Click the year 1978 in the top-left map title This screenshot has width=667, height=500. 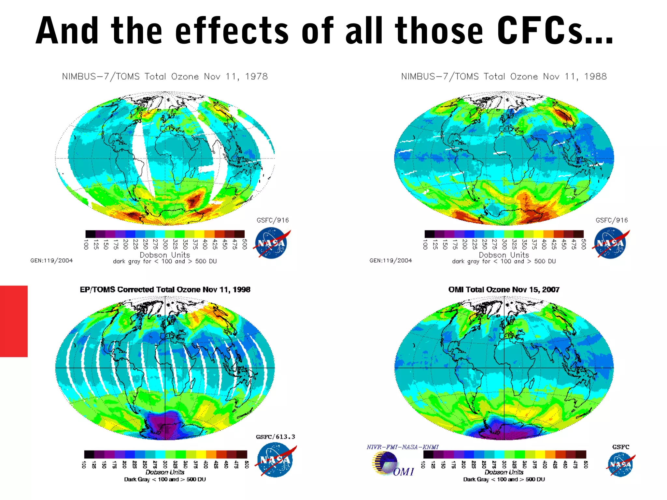tap(256, 76)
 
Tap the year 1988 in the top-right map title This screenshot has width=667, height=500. tap(595, 76)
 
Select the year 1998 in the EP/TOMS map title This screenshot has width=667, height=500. tap(241, 289)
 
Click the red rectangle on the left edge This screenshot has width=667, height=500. tap(14, 321)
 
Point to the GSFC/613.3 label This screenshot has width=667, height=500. tap(276, 437)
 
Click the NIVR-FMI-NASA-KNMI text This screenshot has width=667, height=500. tap(403, 447)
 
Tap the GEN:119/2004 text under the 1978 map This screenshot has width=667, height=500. tap(51, 260)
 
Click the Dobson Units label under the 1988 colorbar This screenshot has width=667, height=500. tap(504, 255)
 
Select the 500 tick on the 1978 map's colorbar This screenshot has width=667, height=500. tap(245, 244)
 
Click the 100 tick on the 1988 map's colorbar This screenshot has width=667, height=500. tap(425, 244)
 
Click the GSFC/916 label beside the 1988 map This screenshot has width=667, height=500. tap(612, 220)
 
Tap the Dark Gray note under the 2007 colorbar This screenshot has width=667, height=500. tap(504, 479)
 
